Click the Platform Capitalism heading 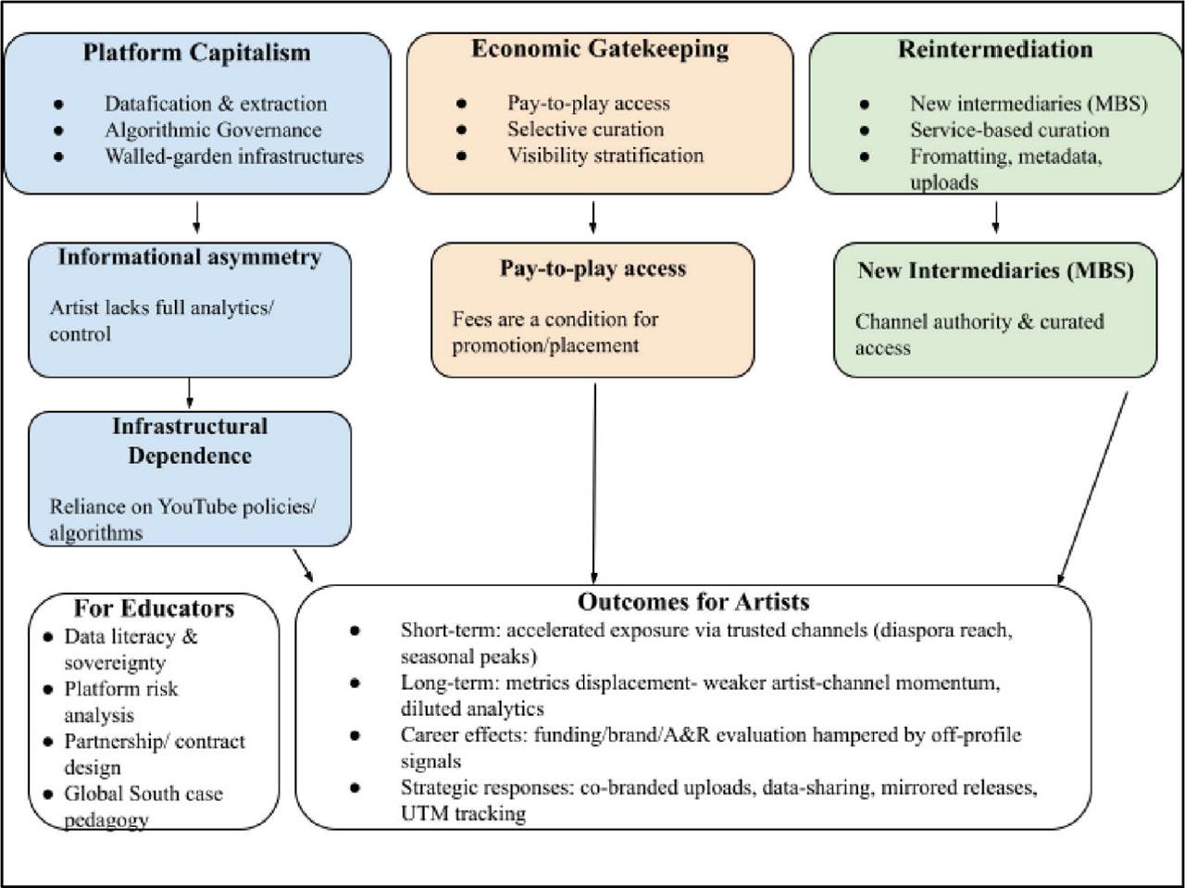196,52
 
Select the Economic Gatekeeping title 600,49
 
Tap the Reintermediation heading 995,49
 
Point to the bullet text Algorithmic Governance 213,130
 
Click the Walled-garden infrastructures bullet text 233,156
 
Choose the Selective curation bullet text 585,129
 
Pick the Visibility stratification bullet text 605,155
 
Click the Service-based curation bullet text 1009,130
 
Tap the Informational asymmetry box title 190,256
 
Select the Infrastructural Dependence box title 190,441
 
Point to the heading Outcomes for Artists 693,602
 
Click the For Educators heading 154,608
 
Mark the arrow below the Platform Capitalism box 197,217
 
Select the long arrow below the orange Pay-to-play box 593,482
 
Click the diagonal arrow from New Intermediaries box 1093,486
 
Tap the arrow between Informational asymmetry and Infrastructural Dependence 190,393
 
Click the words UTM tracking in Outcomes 463,814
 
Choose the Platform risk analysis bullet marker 48,690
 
